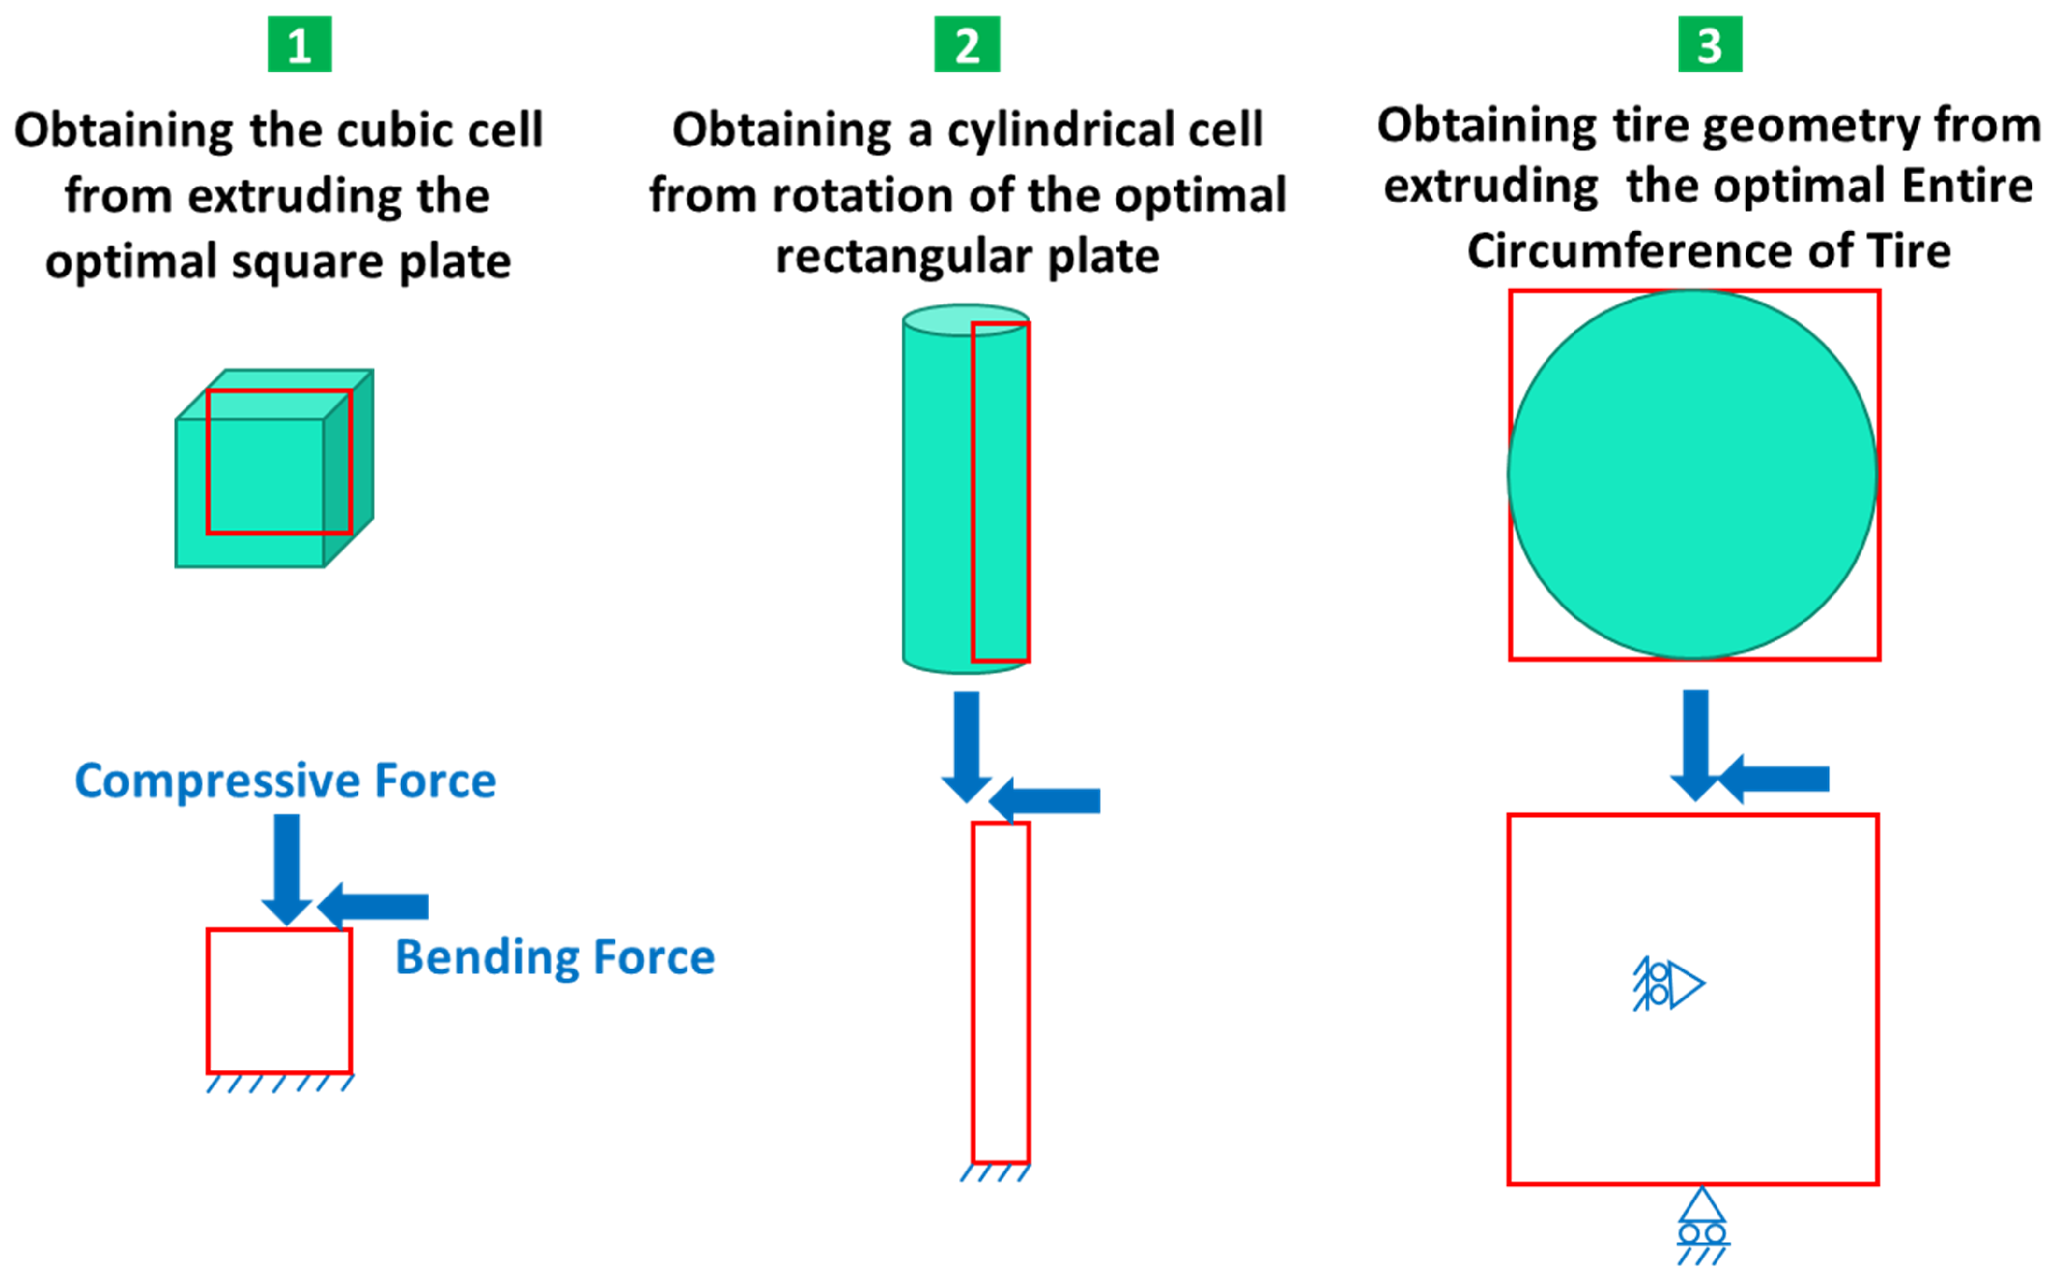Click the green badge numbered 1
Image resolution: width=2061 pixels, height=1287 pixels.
click(x=300, y=44)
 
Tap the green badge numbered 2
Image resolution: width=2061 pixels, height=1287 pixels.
click(x=967, y=44)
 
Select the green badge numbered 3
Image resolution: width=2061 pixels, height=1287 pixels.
click(x=1710, y=44)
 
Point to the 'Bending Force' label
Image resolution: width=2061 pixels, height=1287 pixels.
click(x=555, y=957)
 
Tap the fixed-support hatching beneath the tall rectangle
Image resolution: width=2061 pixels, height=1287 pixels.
click(x=996, y=1173)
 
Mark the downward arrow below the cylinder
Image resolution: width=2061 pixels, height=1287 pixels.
click(x=966, y=745)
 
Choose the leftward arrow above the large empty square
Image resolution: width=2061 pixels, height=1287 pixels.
click(x=1774, y=779)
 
